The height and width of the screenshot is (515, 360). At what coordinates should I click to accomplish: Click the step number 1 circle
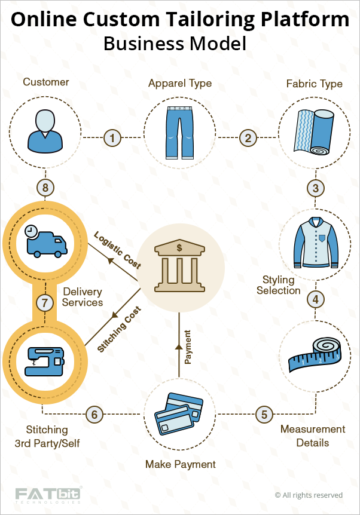point(112,138)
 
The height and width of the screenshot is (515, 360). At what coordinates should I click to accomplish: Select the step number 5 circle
point(264,413)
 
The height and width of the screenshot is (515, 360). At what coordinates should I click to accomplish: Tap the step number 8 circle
point(45,188)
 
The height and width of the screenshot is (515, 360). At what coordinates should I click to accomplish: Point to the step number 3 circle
point(315,188)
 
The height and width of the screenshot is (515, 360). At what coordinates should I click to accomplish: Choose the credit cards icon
point(179,412)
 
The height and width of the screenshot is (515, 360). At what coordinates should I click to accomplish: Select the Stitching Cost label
point(120,329)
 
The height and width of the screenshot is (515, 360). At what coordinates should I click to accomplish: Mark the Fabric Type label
point(315,84)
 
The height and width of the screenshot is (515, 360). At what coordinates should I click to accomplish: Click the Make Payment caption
point(180,464)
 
